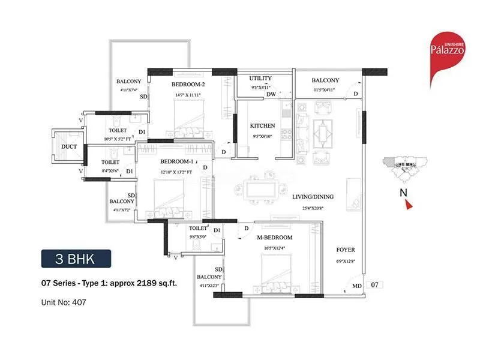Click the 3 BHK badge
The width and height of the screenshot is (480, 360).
(x=76, y=260)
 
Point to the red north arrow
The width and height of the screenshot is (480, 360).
(x=409, y=206)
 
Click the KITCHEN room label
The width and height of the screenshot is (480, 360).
(x=263, y=126)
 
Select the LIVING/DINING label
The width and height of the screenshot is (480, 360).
(x=313, y=197)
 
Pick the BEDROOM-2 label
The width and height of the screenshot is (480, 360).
(x=188, y=85)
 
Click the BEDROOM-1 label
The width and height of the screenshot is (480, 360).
(x=176, y=162)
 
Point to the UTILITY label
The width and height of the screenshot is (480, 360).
(x=260, y=78)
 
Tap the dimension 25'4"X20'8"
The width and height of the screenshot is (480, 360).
(x=313, y=209)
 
